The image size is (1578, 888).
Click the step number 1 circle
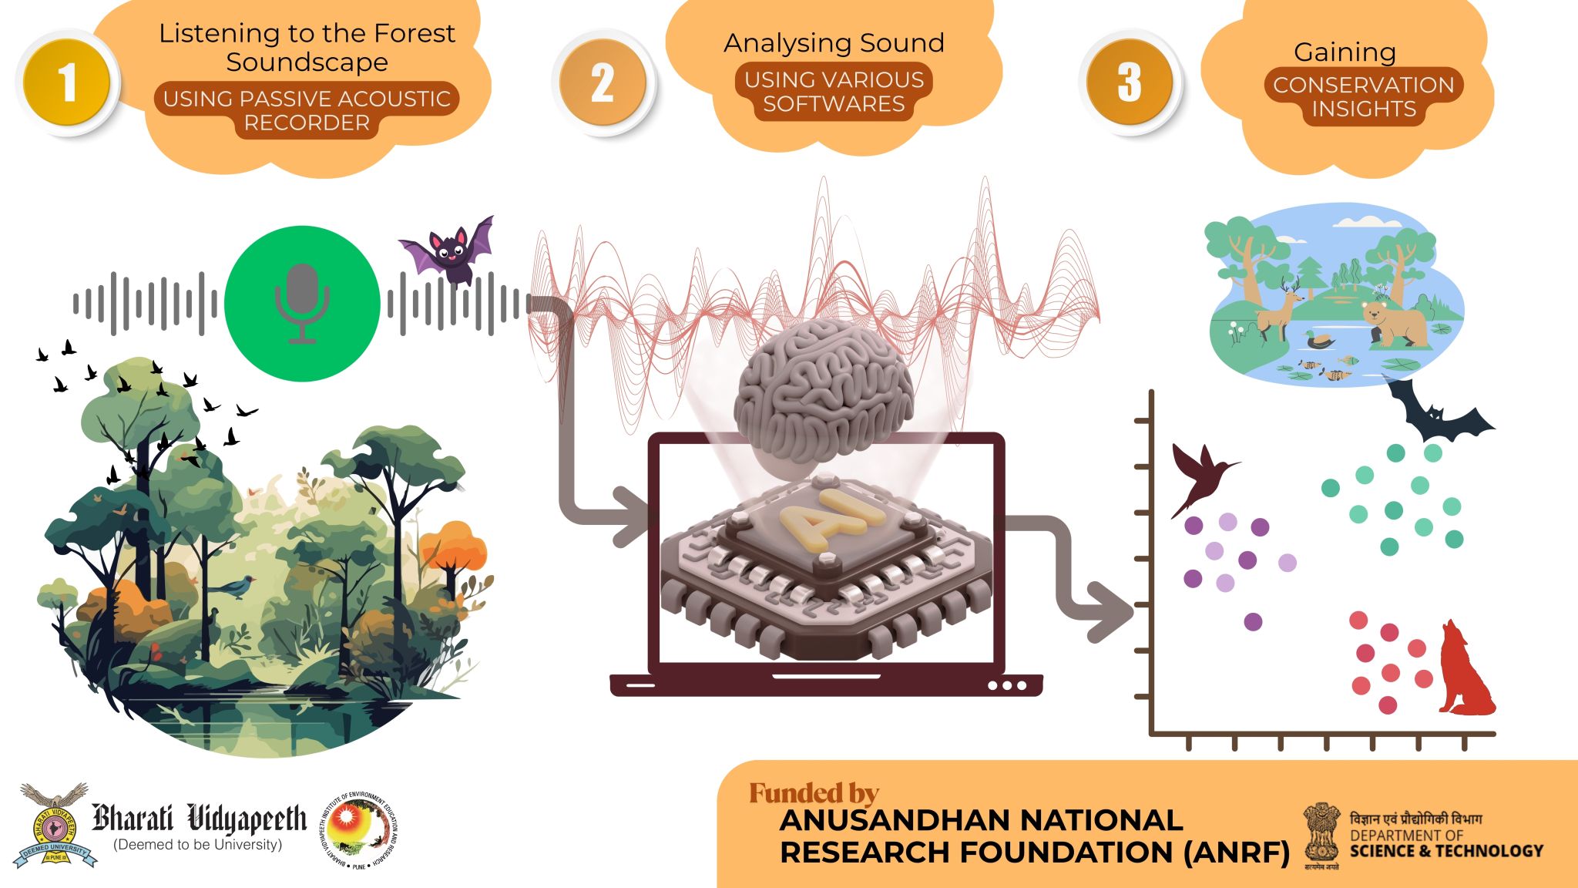tap(67, 82)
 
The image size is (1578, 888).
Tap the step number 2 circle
tap(603, 82)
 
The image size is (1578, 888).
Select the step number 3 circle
tap(1130, 82)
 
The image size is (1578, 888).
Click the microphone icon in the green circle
tap(302, 304)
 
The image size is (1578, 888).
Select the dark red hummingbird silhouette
tap(1199, 476)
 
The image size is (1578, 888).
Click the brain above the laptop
tap(823, 390)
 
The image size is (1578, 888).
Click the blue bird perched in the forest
tap(237, 587)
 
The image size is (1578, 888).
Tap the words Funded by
tap(814, 793)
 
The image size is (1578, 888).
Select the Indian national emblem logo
tap(1321, 835)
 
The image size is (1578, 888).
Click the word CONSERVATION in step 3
tap(1363, 85)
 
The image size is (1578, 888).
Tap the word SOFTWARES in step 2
tap(834, 104)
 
